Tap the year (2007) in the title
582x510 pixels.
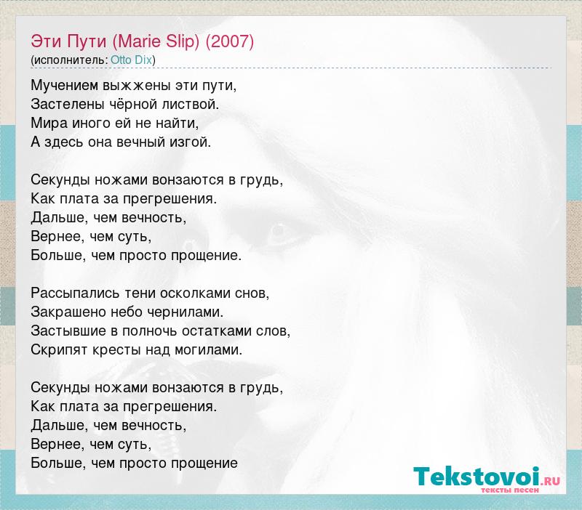[x=230, y=41]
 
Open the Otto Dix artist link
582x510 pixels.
[x=132, y=60]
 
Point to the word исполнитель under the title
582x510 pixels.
[x=71, y=60]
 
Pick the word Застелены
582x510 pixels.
[x=68, y=105]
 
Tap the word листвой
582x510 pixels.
[x=190, y=105]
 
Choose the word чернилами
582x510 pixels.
[x=186, y=312]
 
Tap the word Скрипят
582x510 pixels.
[x=60, y=350]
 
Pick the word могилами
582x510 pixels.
[x=208, y=350]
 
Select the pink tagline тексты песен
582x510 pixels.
[x=510, y=490]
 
